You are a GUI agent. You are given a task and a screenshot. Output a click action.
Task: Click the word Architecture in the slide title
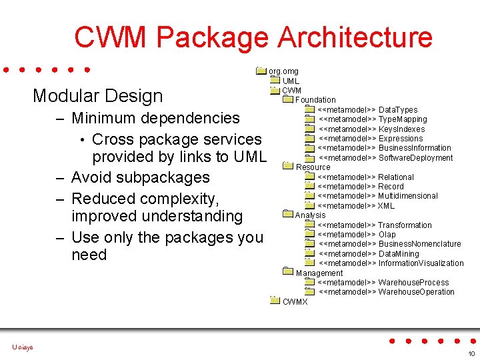[x=355, y=37]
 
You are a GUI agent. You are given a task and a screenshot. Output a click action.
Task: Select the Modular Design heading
[x=97, y=95]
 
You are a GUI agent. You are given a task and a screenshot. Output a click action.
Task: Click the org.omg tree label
[x=283, y=71]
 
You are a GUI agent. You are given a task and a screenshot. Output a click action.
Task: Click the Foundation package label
[x=315, y=100]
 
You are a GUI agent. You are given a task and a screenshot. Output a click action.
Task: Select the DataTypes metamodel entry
[x=367, y=110]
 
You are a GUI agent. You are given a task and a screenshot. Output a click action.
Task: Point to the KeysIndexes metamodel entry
[x=371, y=129]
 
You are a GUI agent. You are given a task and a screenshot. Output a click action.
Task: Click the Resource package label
[x=313, y=167]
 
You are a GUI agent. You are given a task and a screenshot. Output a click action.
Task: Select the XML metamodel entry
[x=356, y=206]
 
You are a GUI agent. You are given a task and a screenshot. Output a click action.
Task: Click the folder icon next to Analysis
[x=287, y=215]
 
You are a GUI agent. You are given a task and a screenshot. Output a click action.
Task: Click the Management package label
[x=319, y=273]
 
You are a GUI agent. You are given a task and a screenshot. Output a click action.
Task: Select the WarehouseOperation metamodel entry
[x=386, y=292]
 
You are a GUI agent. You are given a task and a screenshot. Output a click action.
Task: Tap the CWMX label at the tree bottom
[x=295, y=302]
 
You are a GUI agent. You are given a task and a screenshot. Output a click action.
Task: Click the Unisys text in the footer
[x=22, y=347]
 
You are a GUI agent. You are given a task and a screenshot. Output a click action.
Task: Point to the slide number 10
[x=471, y=353]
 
